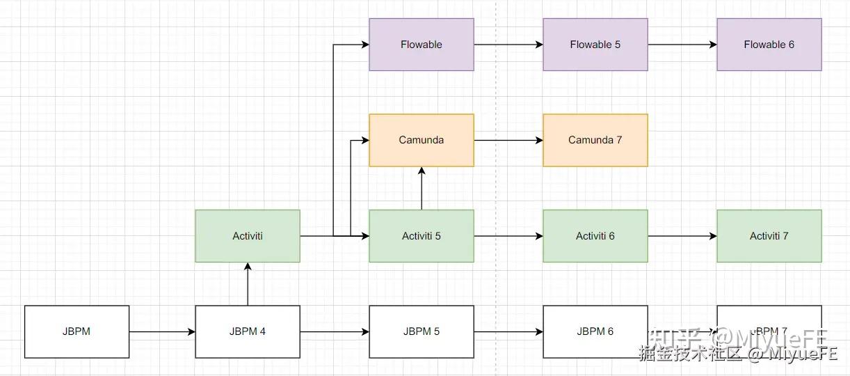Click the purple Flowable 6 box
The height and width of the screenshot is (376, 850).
[769, 45]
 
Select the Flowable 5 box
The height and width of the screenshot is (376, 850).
[595, 45]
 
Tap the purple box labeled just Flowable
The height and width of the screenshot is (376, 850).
[421, 45]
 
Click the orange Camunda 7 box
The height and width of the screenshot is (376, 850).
[595, 140]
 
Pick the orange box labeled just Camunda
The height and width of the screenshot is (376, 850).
[421, 140]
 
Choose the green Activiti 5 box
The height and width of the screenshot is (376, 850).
[421, 236]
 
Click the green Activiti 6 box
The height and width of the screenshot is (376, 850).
[595, 236]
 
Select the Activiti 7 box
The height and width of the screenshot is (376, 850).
[769, 236]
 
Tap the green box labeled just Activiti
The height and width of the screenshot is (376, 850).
[248, 236]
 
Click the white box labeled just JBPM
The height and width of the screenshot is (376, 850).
[77, 331]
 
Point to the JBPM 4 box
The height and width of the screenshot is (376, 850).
[248, 331]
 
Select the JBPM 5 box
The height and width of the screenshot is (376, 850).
[421, 331]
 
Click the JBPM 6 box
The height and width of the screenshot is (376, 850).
[595, 331]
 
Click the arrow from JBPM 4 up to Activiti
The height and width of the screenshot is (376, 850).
[248, 284]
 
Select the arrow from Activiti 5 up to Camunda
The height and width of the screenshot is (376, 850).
[421, 189]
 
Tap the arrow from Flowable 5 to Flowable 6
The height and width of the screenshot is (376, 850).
[682, 45]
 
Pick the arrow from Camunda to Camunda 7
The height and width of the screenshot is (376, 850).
[508, 140]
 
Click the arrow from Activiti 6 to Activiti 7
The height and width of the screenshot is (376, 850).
[682, 236]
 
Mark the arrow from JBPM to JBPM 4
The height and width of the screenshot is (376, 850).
[162, 332]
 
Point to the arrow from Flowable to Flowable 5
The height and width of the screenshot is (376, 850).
[508, 45]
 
